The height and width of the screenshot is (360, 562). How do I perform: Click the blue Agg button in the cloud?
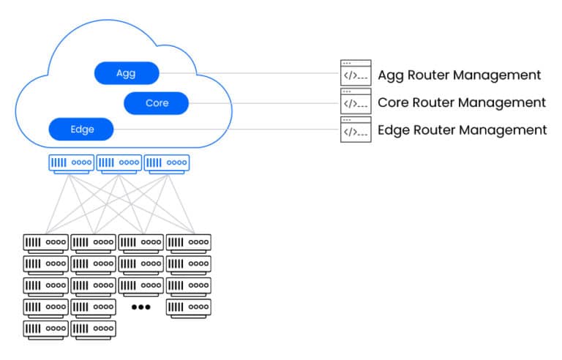click(126, 73)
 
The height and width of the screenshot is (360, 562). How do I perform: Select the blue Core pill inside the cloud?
click(157, 103)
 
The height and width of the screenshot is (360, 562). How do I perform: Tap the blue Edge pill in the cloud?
click(82, 130)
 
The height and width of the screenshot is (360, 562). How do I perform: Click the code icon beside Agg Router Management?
click(356, 73)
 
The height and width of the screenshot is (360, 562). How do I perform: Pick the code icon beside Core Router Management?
click(356, 102)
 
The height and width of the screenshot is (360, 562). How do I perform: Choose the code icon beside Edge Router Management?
click(356, 130)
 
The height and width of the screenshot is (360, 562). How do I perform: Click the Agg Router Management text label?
click(459, 75)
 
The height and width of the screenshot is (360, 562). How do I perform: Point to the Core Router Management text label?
click(461, 102)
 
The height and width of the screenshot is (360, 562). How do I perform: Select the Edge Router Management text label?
click(462, 130)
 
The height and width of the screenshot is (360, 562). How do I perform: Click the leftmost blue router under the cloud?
click(71, 162)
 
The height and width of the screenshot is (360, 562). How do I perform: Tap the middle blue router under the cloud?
click(119, 162)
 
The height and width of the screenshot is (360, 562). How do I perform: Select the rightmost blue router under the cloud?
click(166, 162)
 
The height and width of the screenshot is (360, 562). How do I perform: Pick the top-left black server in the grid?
click(45, 241)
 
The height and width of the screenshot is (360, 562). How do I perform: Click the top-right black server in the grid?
click(188, 241)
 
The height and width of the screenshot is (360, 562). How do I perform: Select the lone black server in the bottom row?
click(45, 329)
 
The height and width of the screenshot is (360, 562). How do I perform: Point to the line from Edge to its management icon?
click(227, 130)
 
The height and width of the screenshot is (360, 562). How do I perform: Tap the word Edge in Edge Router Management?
click(393, 130)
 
